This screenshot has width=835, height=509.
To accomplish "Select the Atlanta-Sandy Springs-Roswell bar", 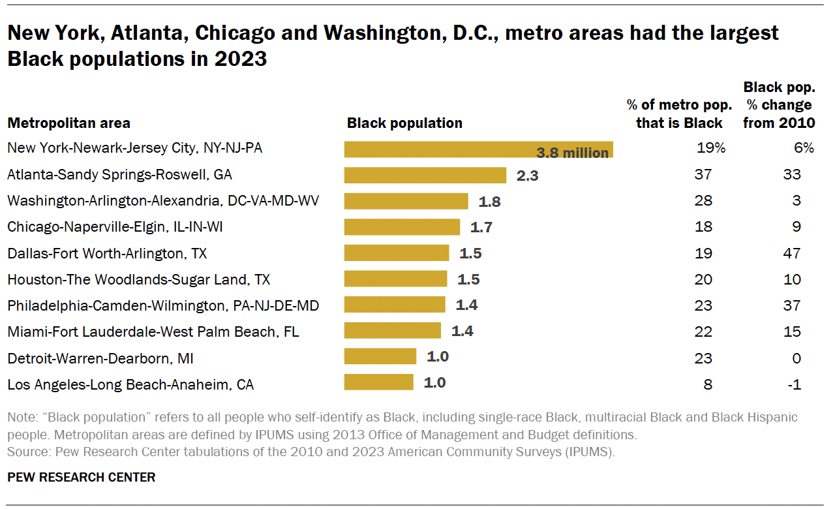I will click(x=425, y=175).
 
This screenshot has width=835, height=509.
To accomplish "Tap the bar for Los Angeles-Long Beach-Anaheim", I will click(x=378, y=382).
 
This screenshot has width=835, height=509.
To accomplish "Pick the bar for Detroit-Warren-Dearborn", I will click(x=380, y=356).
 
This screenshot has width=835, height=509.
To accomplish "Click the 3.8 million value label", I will click(x=572, y=153).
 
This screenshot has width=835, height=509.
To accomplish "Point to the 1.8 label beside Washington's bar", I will click(x=489, y=202).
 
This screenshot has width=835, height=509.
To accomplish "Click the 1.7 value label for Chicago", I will click(x=481, y=228).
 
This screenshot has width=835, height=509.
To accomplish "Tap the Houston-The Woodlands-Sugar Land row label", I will click(x=138, y=279).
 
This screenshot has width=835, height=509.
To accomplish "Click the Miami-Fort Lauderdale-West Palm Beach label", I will click(x=153, y=332).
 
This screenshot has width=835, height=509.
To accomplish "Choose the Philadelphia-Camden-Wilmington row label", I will click(x=162, y=305).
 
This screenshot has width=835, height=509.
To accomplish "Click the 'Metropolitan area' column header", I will click(x=68, y=123).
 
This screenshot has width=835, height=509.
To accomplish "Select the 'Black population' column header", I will click(x=404, y=123).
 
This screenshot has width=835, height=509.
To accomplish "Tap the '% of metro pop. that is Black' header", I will click(x=678, y=114).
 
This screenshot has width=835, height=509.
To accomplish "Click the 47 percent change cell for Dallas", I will click(x=792, y=253).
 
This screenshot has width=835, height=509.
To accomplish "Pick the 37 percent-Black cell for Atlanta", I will click(x=703, y=175).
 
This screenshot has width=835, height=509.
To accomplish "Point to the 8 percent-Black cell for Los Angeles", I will click(x=708, y=384).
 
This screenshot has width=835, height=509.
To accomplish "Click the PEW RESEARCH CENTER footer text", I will click(x=82, y=477).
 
